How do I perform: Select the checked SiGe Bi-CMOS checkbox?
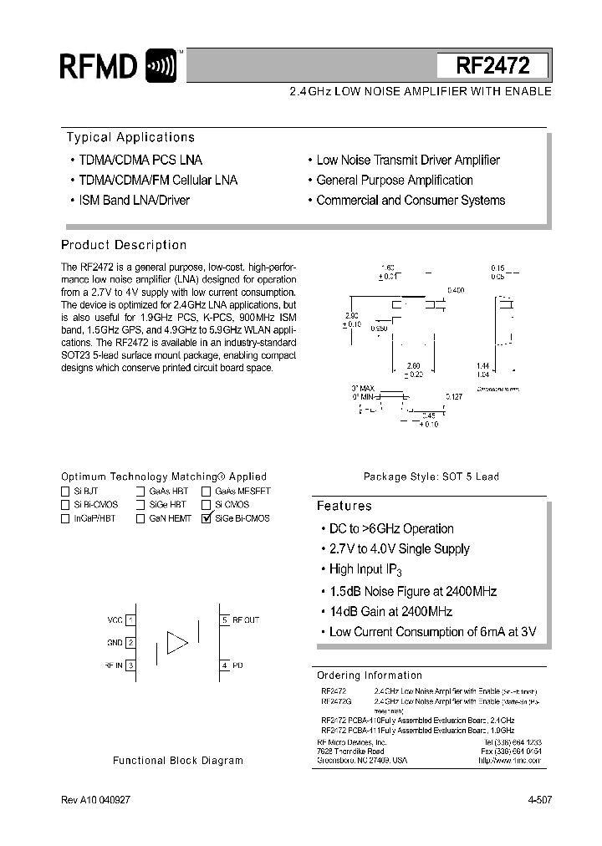(207, 518)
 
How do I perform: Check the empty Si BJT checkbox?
(65, 492)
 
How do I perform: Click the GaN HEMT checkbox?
(141, 518)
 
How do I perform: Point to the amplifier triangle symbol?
(177, 642)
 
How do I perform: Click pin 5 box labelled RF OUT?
(224, 619)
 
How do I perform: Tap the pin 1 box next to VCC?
(131, 619)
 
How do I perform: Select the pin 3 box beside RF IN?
(131, 665)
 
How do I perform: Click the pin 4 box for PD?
(224, 665)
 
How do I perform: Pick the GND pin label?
(115, 642)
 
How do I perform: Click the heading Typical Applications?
(130, 137)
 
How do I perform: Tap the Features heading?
(344, 506)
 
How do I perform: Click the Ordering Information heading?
(370, 675)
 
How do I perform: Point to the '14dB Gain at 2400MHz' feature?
(390, 611)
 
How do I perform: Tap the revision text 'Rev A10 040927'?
(95, 800)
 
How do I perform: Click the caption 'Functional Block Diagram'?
(178, 761)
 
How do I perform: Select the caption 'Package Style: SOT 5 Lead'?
(431, 477)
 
